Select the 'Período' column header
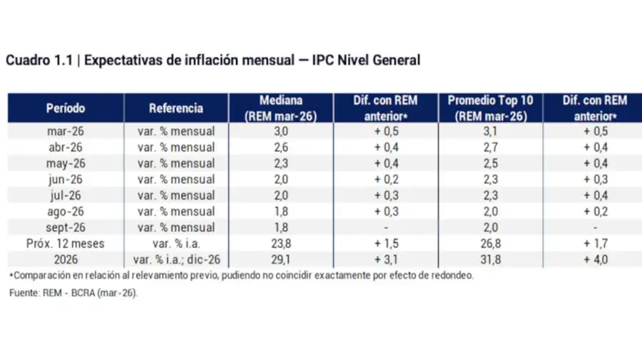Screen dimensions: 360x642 (66, 108)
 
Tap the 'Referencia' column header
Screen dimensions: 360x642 (176, 108)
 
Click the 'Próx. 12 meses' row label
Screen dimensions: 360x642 (66, 244)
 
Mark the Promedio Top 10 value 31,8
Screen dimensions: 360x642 (490, 260)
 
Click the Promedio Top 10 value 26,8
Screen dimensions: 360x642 (490, 244)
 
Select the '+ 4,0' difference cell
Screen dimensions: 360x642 (595, 260)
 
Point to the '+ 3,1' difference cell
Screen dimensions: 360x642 (385, 260)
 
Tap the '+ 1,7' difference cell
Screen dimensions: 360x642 (595, 244)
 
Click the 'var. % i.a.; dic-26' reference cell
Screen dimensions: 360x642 (176, 260)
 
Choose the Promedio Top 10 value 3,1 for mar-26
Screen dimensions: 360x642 (490, 131)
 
